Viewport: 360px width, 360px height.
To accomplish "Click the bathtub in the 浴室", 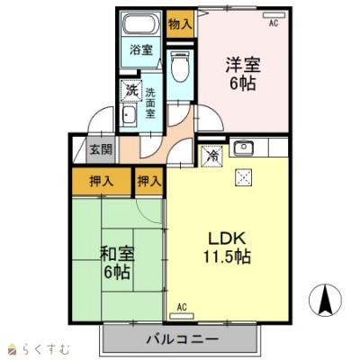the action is [141, 24].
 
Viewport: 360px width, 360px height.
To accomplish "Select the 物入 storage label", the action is [180, 24].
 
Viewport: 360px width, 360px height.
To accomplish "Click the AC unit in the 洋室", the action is [274, 15].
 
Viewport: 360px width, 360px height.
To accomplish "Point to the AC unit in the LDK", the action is [182, 316].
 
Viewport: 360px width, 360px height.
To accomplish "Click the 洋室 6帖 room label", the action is [243, 74].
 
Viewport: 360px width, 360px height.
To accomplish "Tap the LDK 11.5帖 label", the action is [228, 247].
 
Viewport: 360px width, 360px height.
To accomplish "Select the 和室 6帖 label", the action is [117, 263].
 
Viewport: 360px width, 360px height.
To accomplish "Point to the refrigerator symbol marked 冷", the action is [212, 156].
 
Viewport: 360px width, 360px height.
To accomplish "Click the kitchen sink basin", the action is [243, 148].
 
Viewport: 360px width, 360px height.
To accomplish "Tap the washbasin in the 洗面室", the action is [130, 115].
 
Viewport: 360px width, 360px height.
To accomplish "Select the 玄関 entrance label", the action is [102, 149].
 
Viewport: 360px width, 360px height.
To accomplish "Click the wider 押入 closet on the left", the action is [102, 182].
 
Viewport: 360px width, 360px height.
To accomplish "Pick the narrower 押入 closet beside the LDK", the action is [149, 181].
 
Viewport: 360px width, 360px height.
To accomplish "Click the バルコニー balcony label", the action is [182, 339].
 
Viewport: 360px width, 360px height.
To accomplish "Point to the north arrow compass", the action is [326, 299].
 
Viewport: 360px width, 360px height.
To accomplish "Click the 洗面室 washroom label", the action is [150, 103].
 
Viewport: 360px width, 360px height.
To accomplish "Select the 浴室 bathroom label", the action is [141, 49].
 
